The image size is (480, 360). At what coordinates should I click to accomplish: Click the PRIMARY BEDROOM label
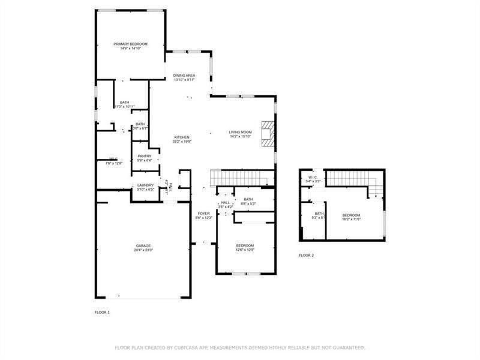click(131, 44)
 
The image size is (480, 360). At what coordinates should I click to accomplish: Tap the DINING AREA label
click(185, 76)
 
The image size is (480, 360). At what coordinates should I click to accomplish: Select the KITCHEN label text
click(182, 137)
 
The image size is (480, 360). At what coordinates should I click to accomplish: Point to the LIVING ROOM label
click(240, 132)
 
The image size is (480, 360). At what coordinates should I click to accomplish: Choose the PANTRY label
click(144, 156)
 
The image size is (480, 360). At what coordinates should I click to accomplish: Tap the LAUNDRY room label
click(146, 185)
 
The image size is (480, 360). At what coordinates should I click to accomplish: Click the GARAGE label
click(143, 245)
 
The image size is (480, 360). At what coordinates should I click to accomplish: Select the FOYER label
click(204, 213)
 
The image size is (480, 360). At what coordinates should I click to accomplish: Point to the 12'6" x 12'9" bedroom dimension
click(245, 250)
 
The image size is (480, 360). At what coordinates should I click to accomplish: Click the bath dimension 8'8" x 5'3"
click(248, 204)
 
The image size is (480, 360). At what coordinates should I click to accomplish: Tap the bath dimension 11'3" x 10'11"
click(125, 107)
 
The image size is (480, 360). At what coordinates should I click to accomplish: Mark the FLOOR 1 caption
click(103, 313)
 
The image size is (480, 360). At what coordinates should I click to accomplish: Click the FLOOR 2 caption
click(306, 256)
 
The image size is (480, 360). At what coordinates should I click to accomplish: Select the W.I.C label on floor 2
click(313, 177)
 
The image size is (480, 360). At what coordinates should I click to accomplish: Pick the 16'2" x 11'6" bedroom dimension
click(352, 219)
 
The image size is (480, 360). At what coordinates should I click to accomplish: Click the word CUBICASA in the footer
click(186, 347)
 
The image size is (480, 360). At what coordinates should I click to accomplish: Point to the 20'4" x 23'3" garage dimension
click(143, 250)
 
